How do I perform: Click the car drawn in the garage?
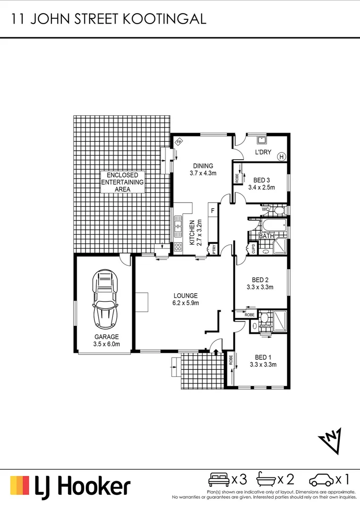[107, 299]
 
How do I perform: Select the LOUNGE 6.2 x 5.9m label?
[185, 299]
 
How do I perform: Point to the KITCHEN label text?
[193, 233]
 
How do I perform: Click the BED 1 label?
[263, 361]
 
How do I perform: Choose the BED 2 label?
[260, 283]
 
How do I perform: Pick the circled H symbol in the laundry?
[282, 156]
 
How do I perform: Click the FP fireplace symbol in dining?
[179, 141]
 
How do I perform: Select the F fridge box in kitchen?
[213, 211]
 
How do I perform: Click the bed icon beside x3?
[218, 480]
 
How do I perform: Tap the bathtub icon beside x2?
[266, 480]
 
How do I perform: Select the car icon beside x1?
[321, 480]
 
